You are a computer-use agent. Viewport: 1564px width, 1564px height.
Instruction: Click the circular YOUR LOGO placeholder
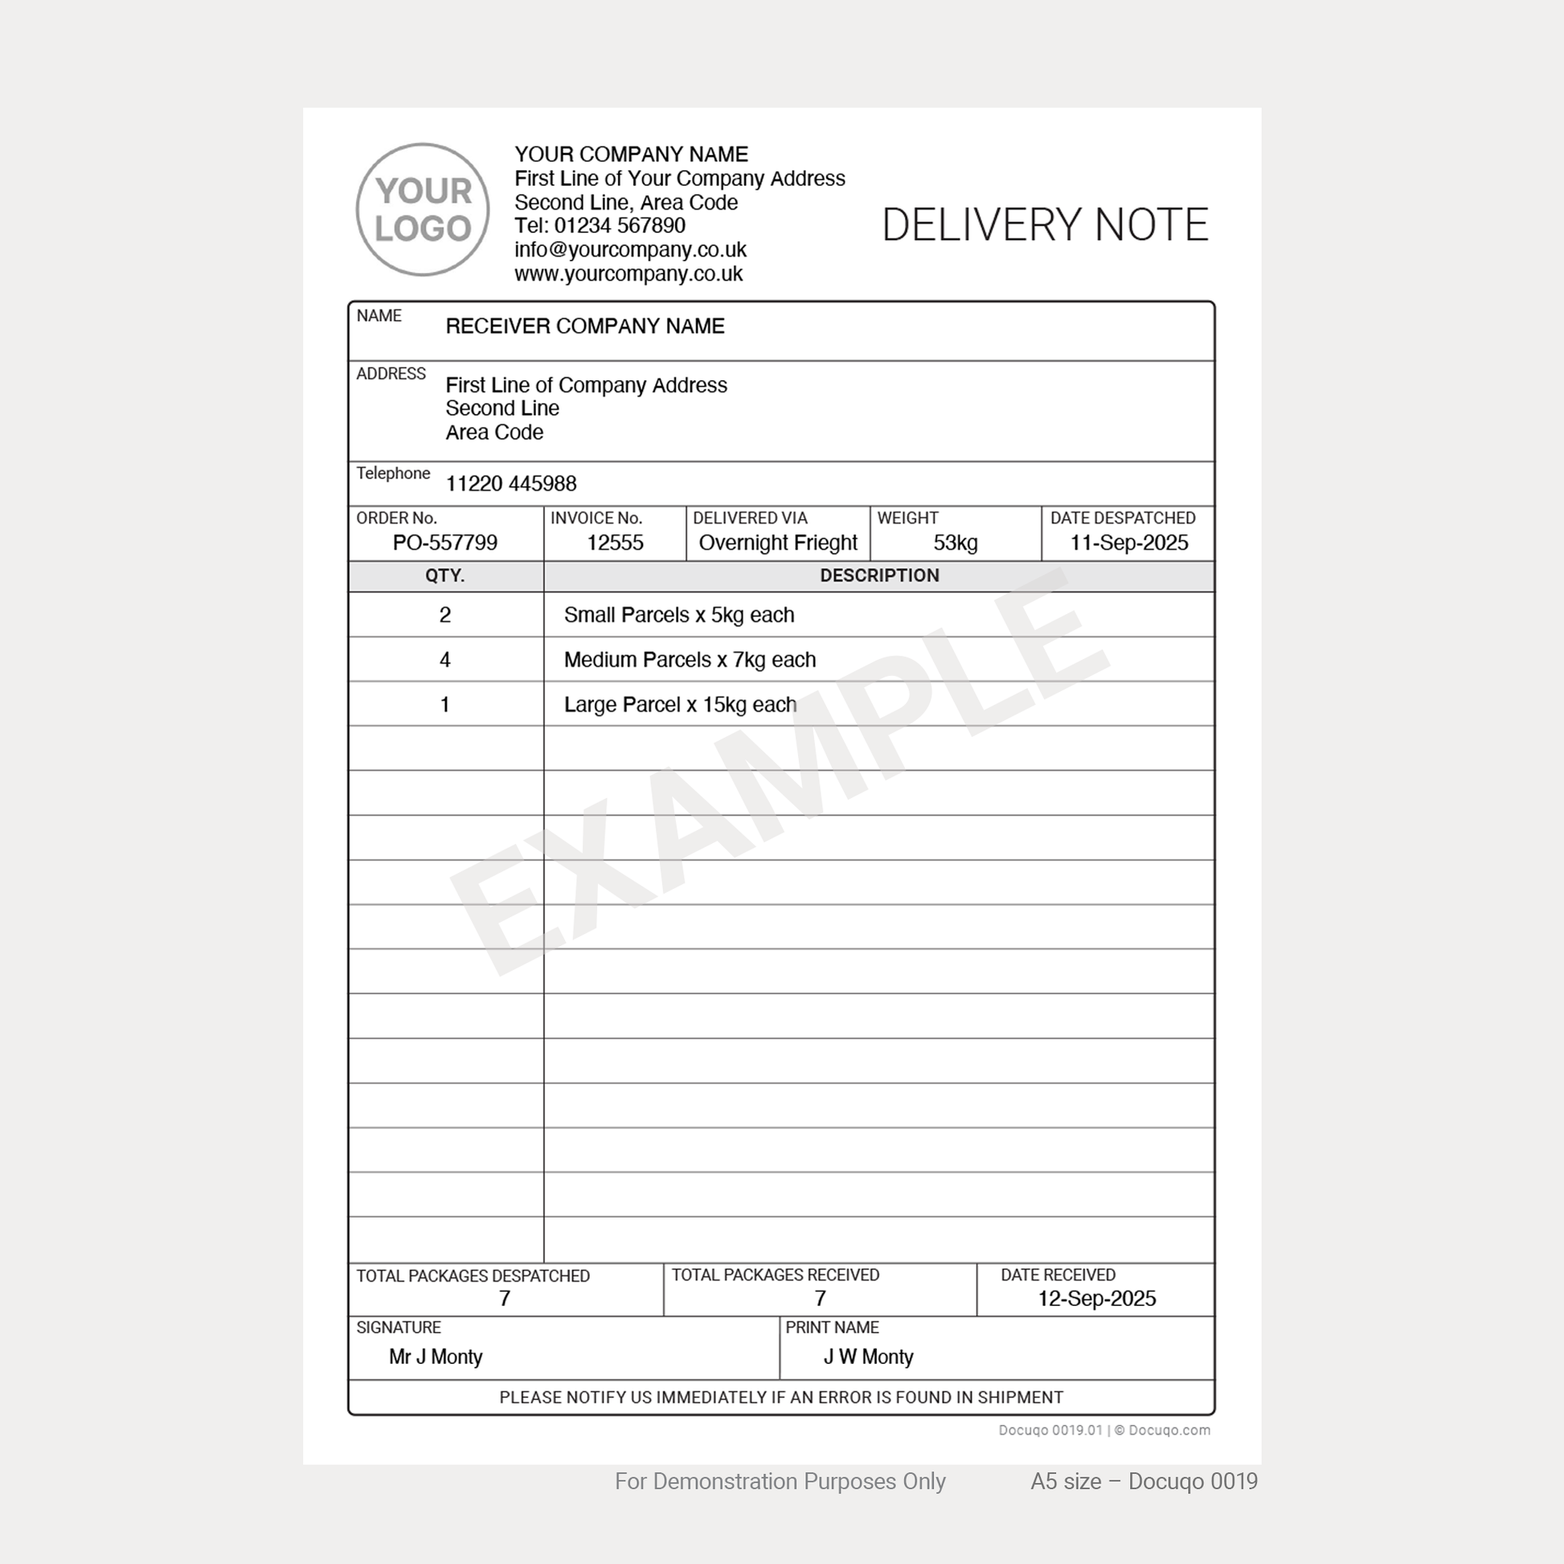pyautogui.click(x=423, y=210)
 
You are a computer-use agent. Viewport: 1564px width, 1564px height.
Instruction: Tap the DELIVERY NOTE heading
pyautogui.click(x=1044, y=225)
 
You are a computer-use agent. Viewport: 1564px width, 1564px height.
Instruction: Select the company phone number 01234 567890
pyautogui.click(x=620, y=226)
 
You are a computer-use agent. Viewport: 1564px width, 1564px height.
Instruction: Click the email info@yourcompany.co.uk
pyautogui.click(x=630, y=249)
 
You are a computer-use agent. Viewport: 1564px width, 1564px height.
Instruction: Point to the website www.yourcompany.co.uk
pyautogui.click(x=628, y=273)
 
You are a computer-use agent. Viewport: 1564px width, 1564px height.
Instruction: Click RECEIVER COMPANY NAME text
pyautogui.click(x=584, y=326)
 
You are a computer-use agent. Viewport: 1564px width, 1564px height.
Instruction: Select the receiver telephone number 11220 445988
pyautogui.click(x=511, y=484)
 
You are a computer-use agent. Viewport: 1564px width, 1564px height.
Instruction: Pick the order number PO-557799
pyautogui.click(x=444, y=542)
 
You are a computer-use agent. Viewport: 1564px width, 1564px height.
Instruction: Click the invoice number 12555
pyautogui.click(x=614, y=542)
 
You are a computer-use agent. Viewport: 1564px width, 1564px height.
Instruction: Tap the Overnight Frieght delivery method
pyautogui.click(x=777, y=542)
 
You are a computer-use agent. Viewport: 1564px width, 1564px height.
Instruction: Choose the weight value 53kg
pyautogui.click(x=956, y=542)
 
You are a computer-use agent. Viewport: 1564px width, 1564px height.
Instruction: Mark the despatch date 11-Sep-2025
pyautogui.click(x=1128, y=542)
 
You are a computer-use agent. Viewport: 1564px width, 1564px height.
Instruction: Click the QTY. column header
pyautogui.click(x=444, y=575)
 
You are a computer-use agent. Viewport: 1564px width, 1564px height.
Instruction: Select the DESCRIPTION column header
pyautogui.click(x=879, y=575)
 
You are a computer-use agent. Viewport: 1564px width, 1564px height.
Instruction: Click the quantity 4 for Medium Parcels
pyautogui.click(x=444, y=660)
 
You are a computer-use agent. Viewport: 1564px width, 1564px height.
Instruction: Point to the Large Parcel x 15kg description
pyautogui.click(x=680, y=705)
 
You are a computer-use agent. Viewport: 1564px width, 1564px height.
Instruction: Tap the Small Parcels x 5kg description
pyautogui.click(x=678, y=616)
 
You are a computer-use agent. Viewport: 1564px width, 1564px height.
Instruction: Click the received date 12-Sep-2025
pyautogui.click(x=1096, y=1299)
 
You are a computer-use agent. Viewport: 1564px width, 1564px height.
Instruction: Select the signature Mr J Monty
pyautogui.click(x=436, y=1357)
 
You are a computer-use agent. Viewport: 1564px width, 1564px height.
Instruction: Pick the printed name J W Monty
pyautogui.click(x=868, y=1357)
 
